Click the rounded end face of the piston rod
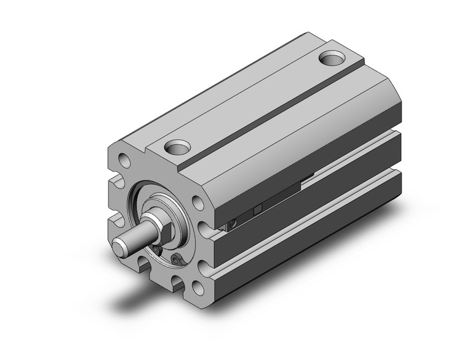click(120, 247)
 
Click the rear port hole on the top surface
click(334, 59)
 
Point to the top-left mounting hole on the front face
click(123, 161)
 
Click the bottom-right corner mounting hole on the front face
click(198, 284)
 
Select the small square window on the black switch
click(258, 210)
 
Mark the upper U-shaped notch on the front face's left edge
click(114, 182)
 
